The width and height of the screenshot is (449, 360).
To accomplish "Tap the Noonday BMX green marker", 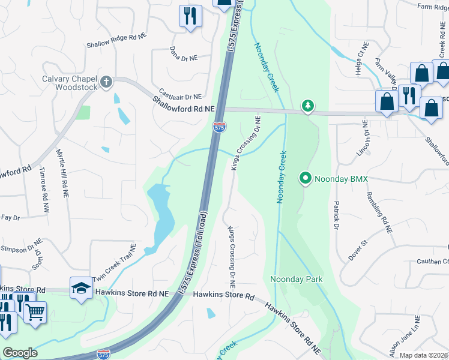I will (x=305, y=178).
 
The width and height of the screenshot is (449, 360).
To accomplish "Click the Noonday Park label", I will (x=296, y=279).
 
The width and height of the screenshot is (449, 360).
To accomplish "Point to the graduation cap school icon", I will (x=81, y=287).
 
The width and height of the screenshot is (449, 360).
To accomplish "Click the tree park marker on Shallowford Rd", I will (x=308, y=106).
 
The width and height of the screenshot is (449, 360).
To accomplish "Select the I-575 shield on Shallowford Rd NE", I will (x=220, y=127).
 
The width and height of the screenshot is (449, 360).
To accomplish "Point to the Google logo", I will (x=20, y=353).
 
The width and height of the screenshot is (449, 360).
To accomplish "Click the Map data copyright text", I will (x=423, y=355).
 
